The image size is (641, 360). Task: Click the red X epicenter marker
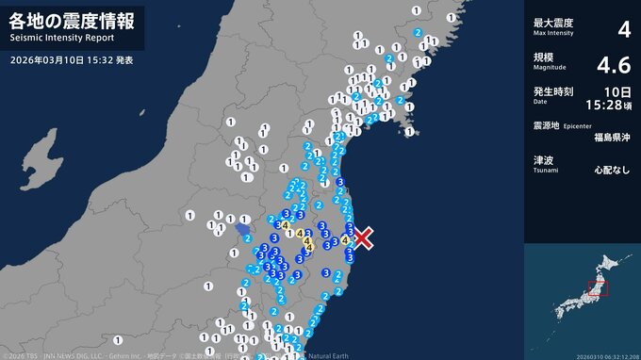[363, 237]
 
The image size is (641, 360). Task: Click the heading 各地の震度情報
[72, 19]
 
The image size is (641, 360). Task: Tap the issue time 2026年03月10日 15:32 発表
[74, 59]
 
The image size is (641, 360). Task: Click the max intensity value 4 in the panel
[623, 29]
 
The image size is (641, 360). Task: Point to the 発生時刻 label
[551, 91]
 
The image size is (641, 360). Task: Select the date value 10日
[617, 90]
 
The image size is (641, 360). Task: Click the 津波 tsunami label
[542, 159]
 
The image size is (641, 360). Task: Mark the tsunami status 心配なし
[613, 172]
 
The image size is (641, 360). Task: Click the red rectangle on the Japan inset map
[598, 288]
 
